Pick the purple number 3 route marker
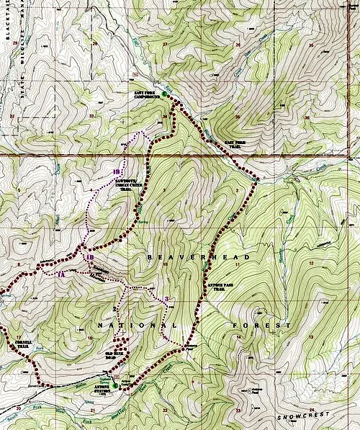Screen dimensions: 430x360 point(166,299)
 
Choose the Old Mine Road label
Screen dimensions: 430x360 point(115,355)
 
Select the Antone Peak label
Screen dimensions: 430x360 point(252,393)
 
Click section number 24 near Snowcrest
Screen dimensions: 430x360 point(312,410)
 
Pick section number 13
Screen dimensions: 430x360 point(311,336)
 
